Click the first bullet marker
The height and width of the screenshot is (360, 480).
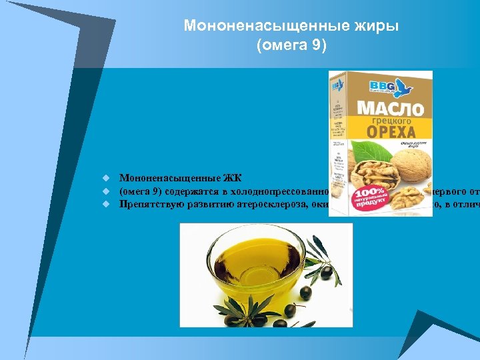coord(105,179)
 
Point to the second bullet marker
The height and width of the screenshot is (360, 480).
coord(105,191)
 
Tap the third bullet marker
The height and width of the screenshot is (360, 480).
coord(105,204)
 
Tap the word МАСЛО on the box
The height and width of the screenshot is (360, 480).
coord(391,108)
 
